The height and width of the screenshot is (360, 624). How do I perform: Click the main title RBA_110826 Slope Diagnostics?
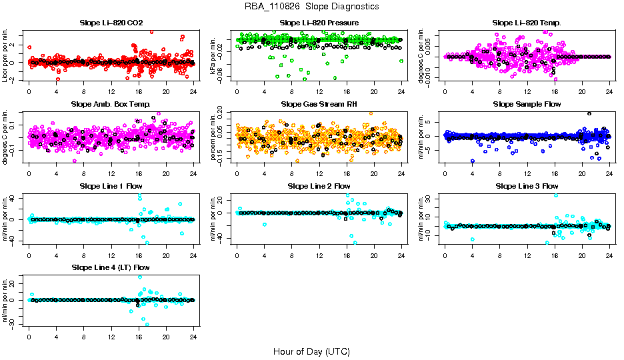[311, 6]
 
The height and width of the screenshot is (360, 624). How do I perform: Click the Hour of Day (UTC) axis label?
[311, 351]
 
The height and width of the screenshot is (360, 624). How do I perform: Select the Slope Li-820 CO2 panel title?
[111, 23]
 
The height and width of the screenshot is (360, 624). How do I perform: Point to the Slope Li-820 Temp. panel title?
[527, 23]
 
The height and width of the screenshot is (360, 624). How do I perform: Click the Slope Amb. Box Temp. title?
[111, 104]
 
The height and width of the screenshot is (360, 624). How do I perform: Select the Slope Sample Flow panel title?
[527, 104]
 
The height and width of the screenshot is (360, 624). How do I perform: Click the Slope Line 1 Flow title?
[111, 185]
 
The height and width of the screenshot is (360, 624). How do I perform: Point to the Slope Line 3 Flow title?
[527, 185]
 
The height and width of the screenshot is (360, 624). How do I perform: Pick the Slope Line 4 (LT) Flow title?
[111, 267]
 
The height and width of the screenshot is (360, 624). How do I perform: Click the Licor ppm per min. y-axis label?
[6, 55]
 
